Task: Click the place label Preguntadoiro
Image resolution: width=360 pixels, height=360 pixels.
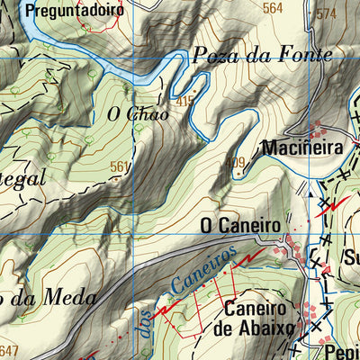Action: click(63, 11)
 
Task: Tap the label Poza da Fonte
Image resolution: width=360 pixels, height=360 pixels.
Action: click(262, 55)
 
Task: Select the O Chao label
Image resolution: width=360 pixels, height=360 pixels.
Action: click(137, 114)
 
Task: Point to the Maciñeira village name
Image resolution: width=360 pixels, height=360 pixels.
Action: click(305, 146)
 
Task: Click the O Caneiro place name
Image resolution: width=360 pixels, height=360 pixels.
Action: click(239, 222)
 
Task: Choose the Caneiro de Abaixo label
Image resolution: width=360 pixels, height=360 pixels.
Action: click(259, 317)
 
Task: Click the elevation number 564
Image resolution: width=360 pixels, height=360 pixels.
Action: click(272, 8)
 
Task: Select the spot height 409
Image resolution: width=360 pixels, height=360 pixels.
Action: click(236, 163)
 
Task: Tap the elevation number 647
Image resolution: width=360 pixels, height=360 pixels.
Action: click(9, 350)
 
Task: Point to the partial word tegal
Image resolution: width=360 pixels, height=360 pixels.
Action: click(22, 178)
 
